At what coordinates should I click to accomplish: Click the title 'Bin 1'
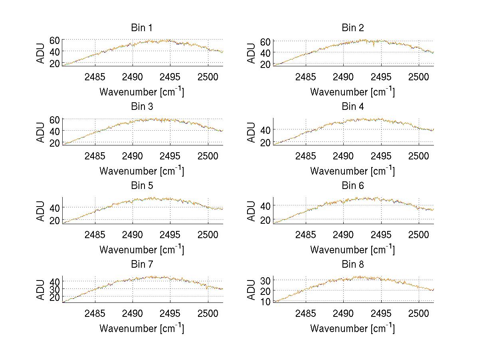coord(142,28)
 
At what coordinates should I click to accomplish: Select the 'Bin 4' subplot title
coord(353,107)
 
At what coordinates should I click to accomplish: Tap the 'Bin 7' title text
coord(142,265)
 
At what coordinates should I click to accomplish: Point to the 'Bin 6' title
coord(353,186)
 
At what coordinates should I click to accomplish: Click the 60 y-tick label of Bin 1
coord(55,40)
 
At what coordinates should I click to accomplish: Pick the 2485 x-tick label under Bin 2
coord(306,77)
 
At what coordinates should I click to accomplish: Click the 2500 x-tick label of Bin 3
coord(208,156)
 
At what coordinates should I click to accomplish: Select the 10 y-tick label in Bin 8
coord(265,302)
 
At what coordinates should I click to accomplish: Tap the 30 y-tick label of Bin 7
coord(55,289)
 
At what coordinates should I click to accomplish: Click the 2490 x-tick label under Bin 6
coord(343,235)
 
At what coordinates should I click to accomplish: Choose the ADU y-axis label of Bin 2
coord(251,53)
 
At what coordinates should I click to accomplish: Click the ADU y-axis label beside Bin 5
coord(41,211)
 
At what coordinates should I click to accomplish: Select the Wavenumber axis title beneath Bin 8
coord(352,328)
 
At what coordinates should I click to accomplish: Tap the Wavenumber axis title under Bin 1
coord(142,92)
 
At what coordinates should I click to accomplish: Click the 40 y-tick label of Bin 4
coord(265,130)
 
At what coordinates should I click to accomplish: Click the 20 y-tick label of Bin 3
coord(55,143)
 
